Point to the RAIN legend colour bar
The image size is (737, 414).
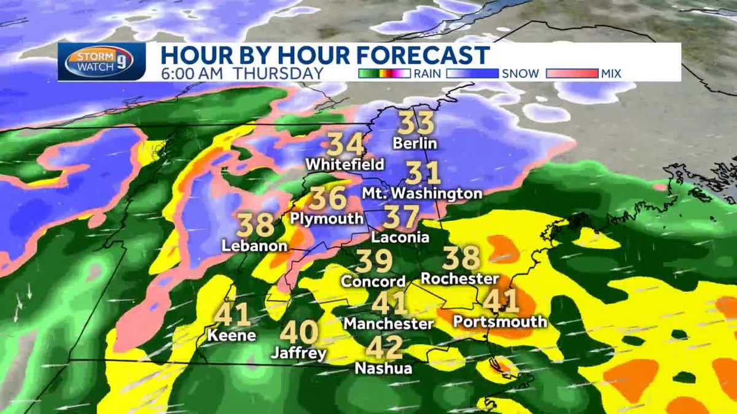tap(384, 74)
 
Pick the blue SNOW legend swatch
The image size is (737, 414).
tap(473, 74)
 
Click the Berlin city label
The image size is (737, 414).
tap(416, 144)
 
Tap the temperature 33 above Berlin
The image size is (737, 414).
tap(416, 123)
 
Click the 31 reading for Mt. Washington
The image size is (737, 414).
tap(424, 173)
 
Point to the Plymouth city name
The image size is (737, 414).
tap(327, 218)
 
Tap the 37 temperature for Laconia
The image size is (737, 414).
tap(402, 217)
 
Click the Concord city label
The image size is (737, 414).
tap(373, 282)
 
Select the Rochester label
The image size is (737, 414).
tap(460, 278)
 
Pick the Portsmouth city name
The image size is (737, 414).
tap(499, 321)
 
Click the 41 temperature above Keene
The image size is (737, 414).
tap(232, 315)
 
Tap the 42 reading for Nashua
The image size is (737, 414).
tap(384, 347)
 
